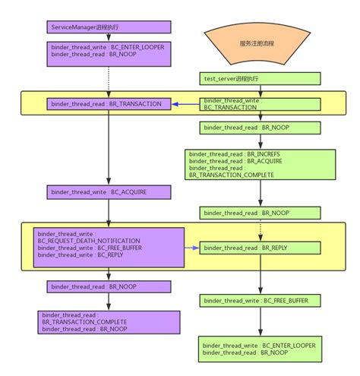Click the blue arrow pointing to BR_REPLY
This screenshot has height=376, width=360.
[x=191, y=248]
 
